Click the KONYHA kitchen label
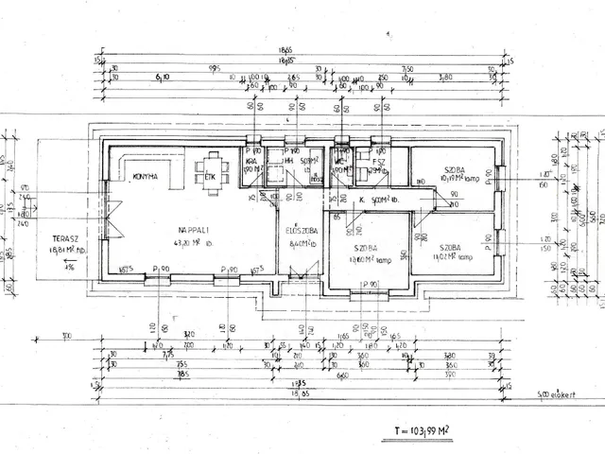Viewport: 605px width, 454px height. click(145, 177)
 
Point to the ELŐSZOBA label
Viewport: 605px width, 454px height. click(301, 229)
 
